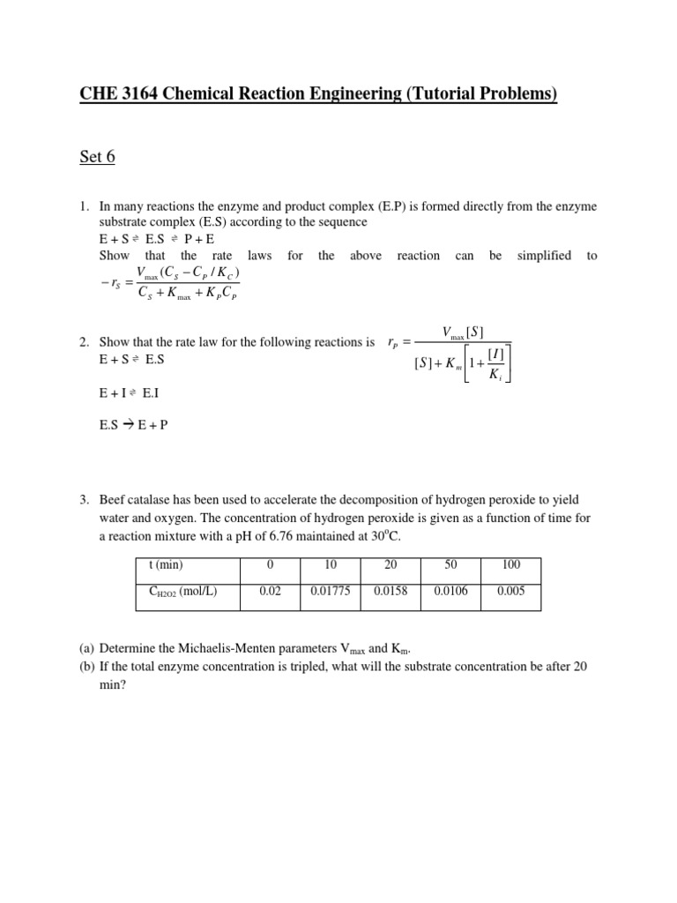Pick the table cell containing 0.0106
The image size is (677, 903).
click(450, 592)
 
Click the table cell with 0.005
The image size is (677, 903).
click(510, 592)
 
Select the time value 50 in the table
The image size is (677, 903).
click(450, 565)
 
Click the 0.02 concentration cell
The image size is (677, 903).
click(270, 592)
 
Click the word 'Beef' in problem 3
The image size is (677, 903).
click(114, 500)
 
